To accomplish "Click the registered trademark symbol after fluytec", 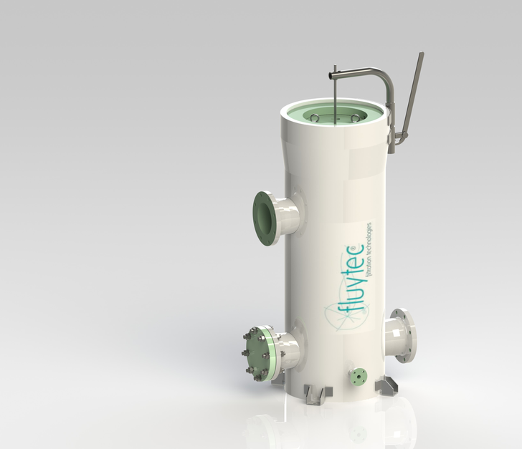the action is tap(359, 248).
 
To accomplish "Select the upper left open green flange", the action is tap(266, 218).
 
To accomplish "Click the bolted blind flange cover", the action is tap(259, 353).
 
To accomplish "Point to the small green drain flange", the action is tap(359, 376).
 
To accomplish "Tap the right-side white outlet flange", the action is tap(404, 335).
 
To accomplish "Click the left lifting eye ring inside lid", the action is tap(315, 117).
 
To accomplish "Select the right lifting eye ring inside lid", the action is tap(355, 117).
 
